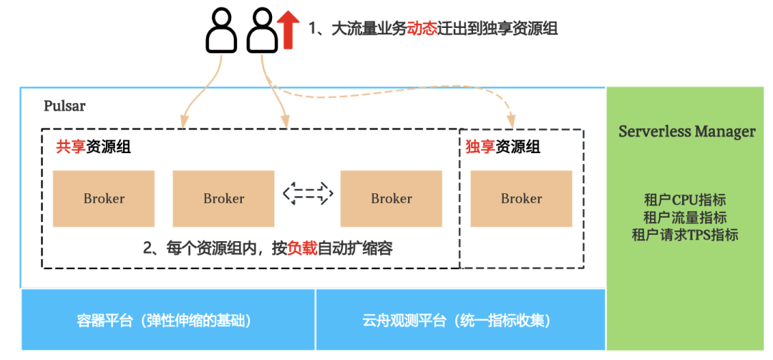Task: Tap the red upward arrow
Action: tap(288, 29)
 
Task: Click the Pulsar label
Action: tap(64, 106)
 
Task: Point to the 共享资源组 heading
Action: tap(93, 147)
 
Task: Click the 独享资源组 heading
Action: tap(502, 147)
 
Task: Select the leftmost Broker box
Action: tap(104, 198)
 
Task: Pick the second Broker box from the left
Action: tap(223, 198)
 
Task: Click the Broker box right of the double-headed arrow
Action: tap(391, 198)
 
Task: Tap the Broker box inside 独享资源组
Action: tap(521, 198)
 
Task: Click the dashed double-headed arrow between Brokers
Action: tap(308, 193)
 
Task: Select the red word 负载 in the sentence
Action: tap(302, 248)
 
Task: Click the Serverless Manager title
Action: tap(686, 132)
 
